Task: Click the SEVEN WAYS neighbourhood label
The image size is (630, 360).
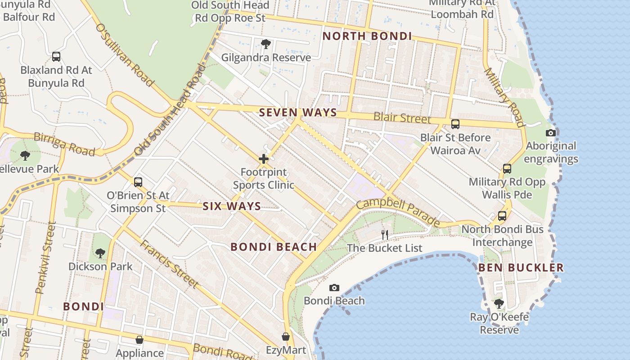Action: point(298,112)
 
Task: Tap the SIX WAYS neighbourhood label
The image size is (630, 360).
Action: point(231,206)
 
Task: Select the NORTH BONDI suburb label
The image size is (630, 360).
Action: point(367,36)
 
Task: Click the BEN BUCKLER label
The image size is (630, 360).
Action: point(521,268)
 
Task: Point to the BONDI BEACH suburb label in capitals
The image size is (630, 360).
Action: point(274,247)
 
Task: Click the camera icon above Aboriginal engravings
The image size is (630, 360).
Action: point(550,133)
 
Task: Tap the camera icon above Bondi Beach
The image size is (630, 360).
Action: point(334,288)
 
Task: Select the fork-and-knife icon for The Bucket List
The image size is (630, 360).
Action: point(384,234)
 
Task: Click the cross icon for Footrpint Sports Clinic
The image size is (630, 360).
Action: point(264,159)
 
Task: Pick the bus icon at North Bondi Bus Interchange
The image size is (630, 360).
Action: point(502,216)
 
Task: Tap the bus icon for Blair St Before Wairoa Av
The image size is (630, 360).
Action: point(455,124)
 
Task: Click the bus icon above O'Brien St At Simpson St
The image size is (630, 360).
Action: point(138,182)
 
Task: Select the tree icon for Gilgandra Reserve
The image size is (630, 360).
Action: point(265,44)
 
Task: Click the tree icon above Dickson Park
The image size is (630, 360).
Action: point(100,253)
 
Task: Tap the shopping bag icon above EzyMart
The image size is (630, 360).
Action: point(285,337)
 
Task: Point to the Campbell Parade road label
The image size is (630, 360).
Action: point(398,212)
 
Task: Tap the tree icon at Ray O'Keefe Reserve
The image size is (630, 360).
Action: point(499,304)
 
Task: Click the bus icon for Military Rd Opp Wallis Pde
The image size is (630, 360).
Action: point(507,169)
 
